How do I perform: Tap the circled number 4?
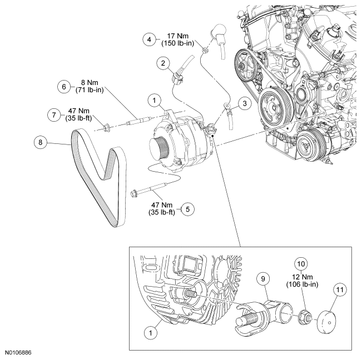(x=148, y=39)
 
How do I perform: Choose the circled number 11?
(x=339, y=289)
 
